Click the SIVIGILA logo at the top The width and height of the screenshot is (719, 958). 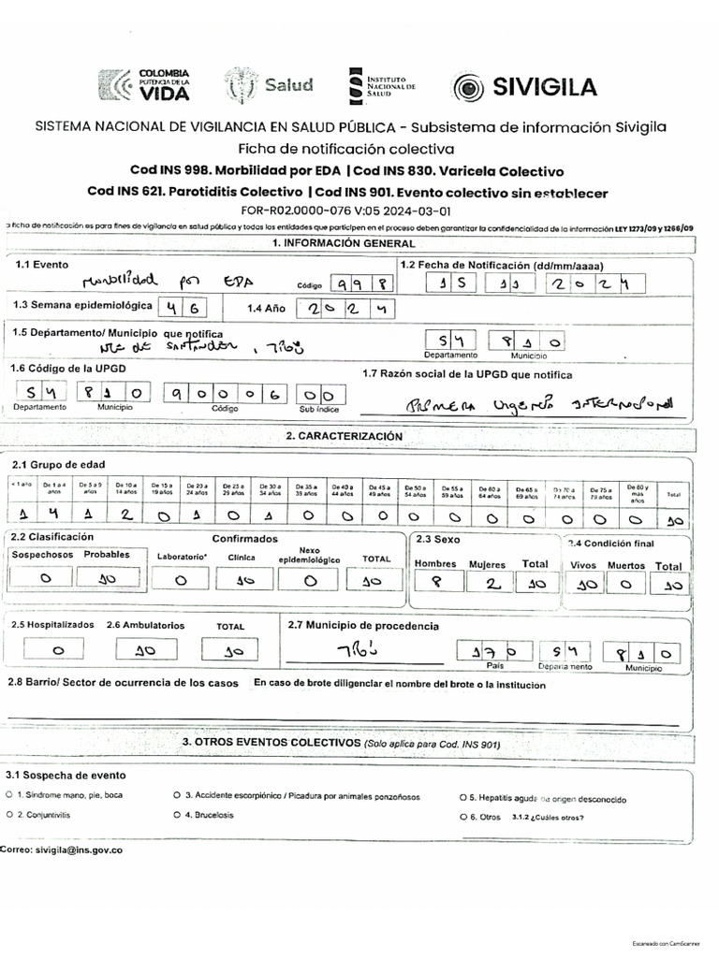(x=524, y=87)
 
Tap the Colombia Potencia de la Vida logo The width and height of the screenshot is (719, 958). (x=144, y=84)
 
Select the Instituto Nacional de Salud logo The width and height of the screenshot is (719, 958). (x=380, y=84)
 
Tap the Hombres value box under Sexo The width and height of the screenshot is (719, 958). (x=434, y=584)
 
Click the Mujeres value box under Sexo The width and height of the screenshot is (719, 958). (x=487, y=584)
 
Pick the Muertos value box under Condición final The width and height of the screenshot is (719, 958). (x=626, y=585)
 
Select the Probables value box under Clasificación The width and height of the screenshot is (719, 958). (x=107, y=579)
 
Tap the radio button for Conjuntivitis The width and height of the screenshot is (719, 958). (x=9, y=815)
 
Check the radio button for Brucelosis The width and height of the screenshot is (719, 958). (x=177, y=815)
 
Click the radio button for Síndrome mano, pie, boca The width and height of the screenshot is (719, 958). (x=9, y=795)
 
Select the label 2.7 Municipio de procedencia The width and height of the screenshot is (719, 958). (x=362, y=624)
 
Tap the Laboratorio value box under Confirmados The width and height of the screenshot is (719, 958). (x=181, y=579)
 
